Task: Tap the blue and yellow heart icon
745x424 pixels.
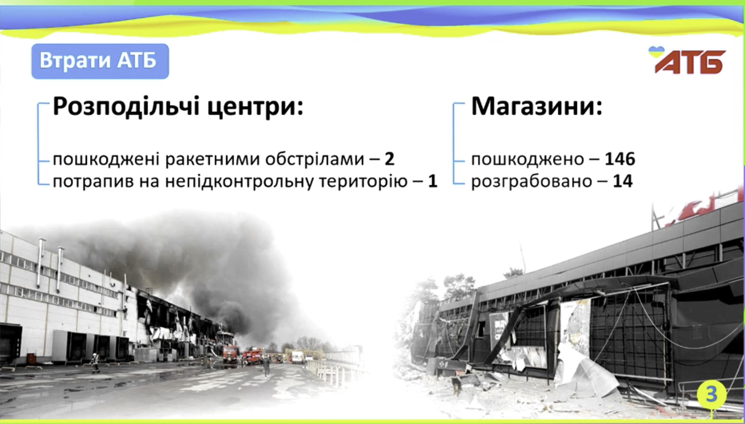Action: pos(656,51)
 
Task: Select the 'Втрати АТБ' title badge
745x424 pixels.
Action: pos(100,61)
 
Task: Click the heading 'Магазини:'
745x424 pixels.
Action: pos(537,106)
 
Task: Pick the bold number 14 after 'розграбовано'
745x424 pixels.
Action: pos(623,181)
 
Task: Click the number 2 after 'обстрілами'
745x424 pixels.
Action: pos(389,159)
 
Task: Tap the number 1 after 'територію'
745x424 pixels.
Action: pos(432,181)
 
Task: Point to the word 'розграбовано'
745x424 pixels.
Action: pos(531,182)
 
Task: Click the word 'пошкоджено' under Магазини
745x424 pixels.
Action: pos(528,159)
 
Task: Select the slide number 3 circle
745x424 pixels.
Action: pos(711,395)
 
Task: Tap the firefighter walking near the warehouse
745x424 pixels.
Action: pos(95,362)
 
